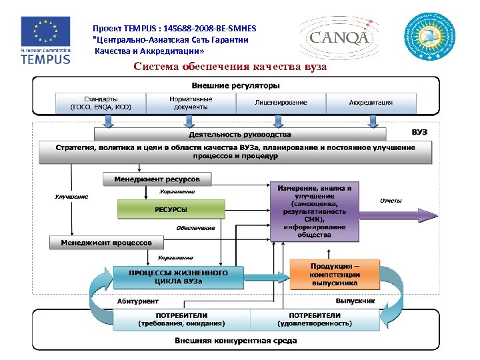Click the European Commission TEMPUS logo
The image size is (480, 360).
[x=45, y=40]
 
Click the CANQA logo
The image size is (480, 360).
[x=339, y=37]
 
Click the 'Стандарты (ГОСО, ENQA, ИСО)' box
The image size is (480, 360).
[x=101, y=103]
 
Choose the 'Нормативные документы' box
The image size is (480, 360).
[x=191, y=103]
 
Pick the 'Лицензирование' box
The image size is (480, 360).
[x=281, y=103]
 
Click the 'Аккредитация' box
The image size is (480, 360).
[x=371, y=103]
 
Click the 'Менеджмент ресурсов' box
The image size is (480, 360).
[x=157, y=179]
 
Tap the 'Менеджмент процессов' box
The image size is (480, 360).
[x=107, y=242]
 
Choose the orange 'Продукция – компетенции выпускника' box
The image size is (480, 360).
[x=335, y=274]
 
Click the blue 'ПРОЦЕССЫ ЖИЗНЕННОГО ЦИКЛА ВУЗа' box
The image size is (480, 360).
[x=178, y=277]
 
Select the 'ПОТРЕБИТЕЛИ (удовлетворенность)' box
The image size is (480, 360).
[x=315, y=319]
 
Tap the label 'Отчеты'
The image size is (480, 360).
[x=391, y=200]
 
